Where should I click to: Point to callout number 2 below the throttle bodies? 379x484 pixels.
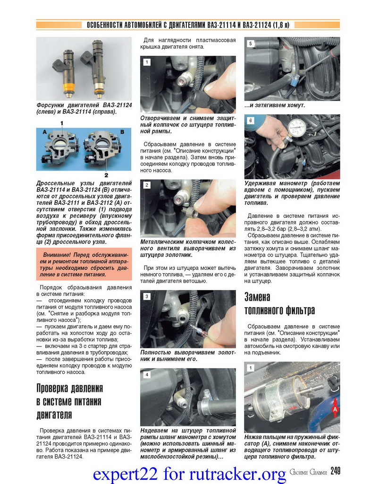pyautogui.click(x=106, y=174)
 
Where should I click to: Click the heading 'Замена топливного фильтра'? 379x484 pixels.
pyautogui.click(x=279, y=303)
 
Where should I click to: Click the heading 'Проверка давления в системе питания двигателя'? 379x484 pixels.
pyautogui.click(x=69, y=401)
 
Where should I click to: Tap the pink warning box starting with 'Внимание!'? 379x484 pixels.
pyautogui.click(x=83, y=265)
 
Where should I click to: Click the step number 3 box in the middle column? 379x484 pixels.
pyautogui.click(x=147, y=297)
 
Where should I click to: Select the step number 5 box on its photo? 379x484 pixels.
pyautogui.click(x=251, y=43)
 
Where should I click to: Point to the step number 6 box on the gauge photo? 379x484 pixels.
pyautogui.click(x=251, y=121)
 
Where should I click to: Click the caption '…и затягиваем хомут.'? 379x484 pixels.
pyautogui.click(x=274, y=105)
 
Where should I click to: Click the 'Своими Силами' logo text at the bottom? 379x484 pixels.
pyautogui.click(x=307, y=472)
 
